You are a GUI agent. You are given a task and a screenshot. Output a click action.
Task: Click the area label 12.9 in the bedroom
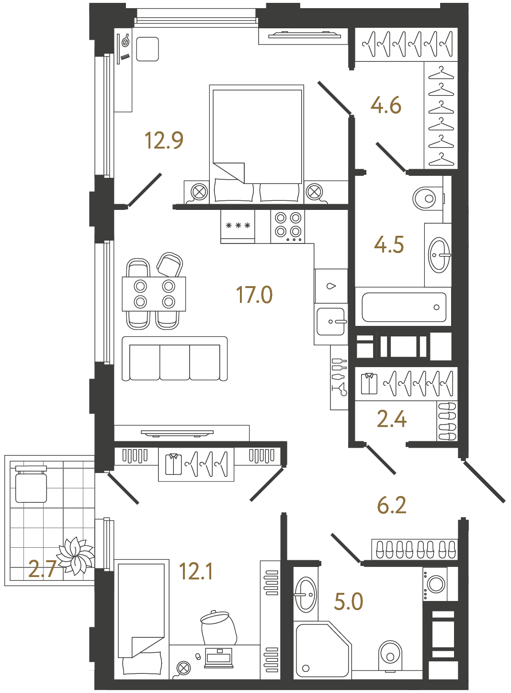point(164,140)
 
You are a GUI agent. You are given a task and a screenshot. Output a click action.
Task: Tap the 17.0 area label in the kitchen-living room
point(254,295)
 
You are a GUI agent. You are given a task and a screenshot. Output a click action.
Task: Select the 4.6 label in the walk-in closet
point(386,105)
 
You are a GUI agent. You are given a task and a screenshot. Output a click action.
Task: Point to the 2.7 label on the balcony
point(42,569)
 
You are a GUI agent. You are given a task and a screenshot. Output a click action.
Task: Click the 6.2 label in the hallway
point(391,505)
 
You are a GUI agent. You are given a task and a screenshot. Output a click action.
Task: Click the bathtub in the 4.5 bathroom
point(404,307)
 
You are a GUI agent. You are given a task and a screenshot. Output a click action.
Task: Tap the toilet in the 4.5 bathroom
point(426,198)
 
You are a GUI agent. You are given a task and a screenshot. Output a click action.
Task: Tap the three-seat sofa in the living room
point(175,359)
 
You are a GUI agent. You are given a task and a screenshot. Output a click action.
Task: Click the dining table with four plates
point(154,294)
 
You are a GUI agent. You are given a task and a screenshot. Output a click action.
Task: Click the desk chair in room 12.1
point(218,628)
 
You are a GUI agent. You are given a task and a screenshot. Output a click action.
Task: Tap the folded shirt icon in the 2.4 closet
point(369,383)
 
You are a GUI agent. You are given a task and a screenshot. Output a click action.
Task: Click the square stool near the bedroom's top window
point(148,49)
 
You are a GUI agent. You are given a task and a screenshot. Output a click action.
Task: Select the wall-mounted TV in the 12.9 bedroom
point(305,35)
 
